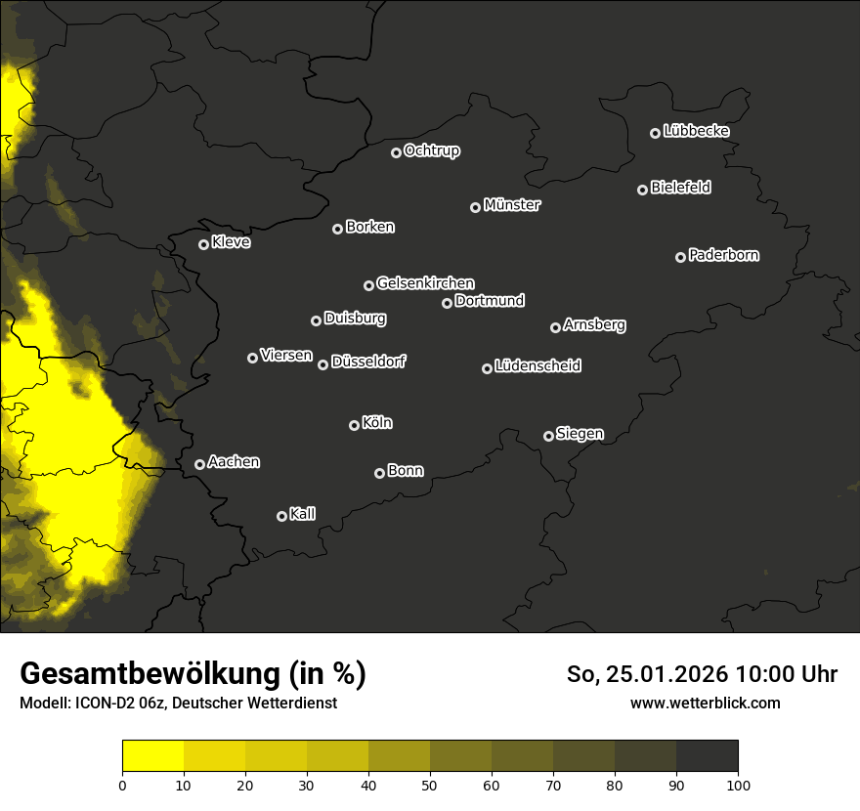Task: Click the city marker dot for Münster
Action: pos(475,207)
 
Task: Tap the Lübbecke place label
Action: pos(696,131)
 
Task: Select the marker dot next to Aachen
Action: pos(199,464)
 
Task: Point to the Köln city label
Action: pos(377,423)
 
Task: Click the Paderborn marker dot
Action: pos(680,257)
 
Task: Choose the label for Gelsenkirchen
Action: pos(425,283)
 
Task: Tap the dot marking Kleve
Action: pos(203,244)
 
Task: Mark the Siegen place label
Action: pos(580,434)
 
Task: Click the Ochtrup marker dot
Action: pos(396,152)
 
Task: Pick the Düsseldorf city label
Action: pos(368,362)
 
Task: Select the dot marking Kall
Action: pos(281,516)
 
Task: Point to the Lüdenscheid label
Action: pos(537,366)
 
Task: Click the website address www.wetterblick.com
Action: pos(705,703)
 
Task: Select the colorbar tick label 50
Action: pos(430,785)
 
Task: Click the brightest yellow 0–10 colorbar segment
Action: pos(153,756)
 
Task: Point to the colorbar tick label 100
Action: pos(738,785)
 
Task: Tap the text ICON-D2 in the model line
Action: pos(104,704)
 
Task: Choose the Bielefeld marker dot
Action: pos(642,190)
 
